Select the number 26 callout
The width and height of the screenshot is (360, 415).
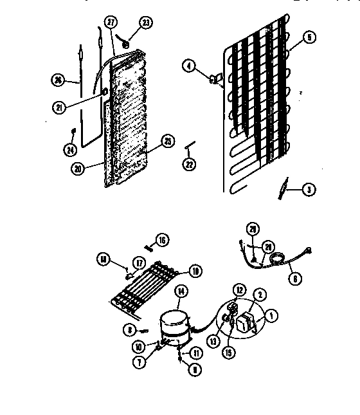59,80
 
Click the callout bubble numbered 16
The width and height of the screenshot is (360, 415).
162,240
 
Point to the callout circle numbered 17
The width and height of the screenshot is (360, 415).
139,262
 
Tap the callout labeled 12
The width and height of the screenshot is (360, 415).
239,290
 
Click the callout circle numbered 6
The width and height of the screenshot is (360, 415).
295,280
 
